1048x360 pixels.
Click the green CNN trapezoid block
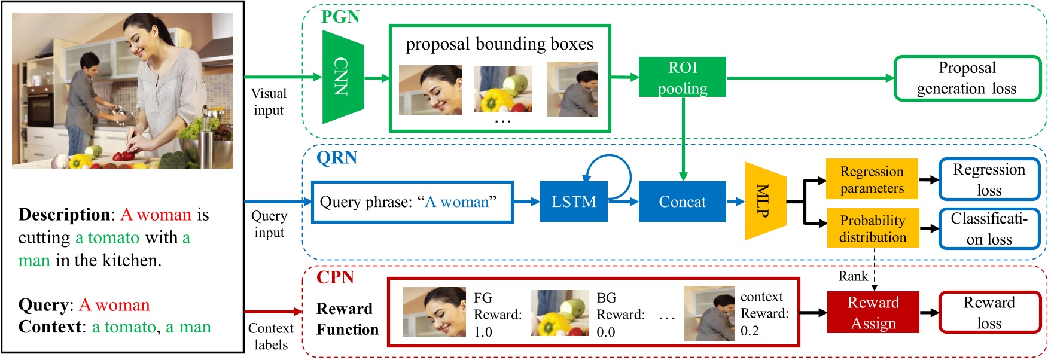343,77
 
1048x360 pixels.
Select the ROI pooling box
682,77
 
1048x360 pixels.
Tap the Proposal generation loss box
967,78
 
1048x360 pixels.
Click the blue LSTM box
573,202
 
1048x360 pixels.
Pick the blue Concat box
682,202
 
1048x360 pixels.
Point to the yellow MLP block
765,202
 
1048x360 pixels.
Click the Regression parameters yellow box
872,179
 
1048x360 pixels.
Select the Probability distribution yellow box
872,228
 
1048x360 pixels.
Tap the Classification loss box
989,228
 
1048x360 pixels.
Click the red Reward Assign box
873,313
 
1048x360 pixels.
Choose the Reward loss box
989,313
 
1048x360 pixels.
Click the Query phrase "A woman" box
412,202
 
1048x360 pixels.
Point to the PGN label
340,17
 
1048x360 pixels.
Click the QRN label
337,158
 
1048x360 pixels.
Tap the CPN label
335,277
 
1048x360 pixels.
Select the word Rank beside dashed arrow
853,276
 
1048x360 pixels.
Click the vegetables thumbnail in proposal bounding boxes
502,89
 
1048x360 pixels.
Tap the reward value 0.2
749,331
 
